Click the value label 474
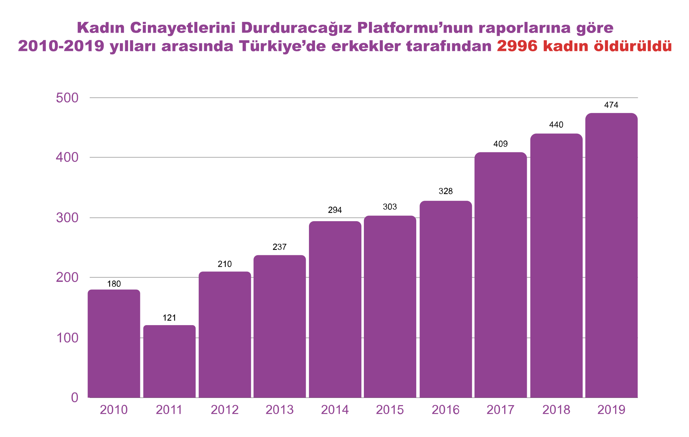coord(611,105)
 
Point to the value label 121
coord(169,318)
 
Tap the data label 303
coord(390,207)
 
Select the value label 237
coord(280,247)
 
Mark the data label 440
coord(556,125)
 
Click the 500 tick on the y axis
coord(67,98)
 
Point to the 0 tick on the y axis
coord(75,398)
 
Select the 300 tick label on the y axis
coord(67,218)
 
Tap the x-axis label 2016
coord(445,410)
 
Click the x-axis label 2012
coord(225,410)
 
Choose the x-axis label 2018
coord(556,410)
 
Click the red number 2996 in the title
coord(517,46)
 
